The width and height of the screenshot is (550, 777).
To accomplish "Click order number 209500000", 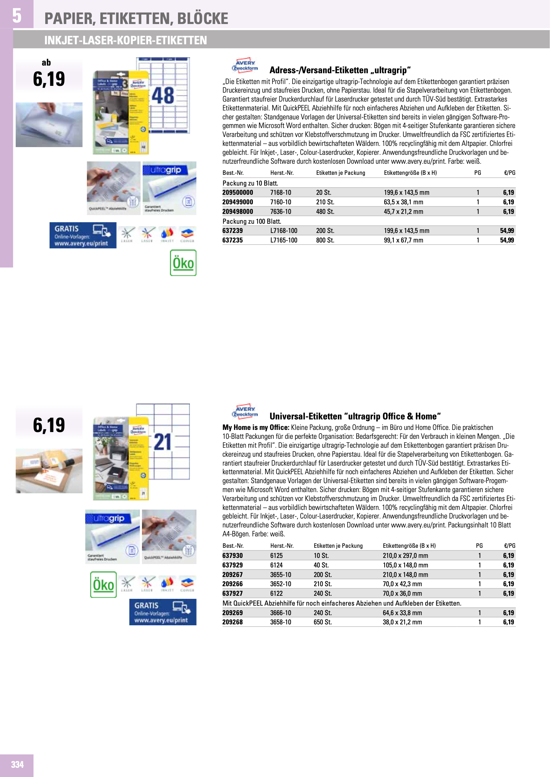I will click(x=237, y=193).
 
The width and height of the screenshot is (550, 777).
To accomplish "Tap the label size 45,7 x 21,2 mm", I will click(x=403, y=211).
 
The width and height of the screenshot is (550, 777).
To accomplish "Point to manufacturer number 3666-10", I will click(x=281, y=613).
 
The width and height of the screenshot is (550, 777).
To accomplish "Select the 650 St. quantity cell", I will click(x=322, y=622).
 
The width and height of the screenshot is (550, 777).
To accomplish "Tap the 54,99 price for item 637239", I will click(x=507, y=231).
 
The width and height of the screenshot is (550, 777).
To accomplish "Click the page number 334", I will click(x=17, y=764).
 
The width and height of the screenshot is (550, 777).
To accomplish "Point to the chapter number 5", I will click(x=17, y=16).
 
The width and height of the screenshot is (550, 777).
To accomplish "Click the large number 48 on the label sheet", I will click(x=163, y=95).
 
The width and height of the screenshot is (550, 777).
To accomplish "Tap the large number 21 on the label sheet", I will click(x=163, y=442).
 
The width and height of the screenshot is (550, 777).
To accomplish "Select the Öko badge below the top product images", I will click(x=183, y=263).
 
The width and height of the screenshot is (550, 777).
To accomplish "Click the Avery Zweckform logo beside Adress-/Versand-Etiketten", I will click(x=245, y=65).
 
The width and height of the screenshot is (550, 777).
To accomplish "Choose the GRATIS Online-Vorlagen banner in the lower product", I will click(x=163, y=612).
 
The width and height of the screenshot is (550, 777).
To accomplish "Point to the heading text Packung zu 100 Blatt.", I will click(x=252, y=221).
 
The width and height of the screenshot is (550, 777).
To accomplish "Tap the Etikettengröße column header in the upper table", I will click(x=410, y=173).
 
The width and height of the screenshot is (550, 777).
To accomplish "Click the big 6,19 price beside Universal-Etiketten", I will click(x=49, y=425).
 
